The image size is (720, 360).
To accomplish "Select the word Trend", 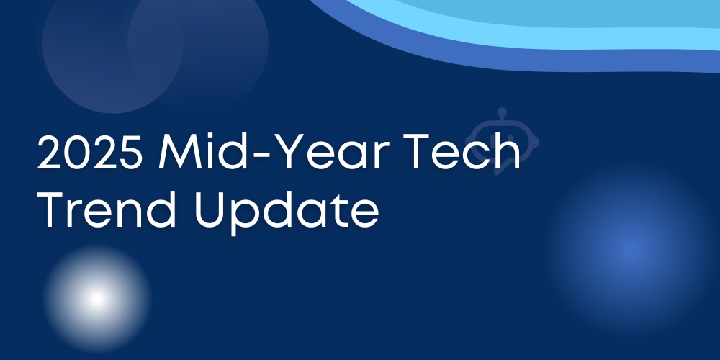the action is point(107,210).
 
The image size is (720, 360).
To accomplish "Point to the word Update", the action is point(287,213).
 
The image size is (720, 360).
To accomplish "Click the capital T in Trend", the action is point(50,210).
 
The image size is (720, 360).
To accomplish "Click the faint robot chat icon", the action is point(502,141).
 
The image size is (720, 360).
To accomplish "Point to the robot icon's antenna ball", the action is point(502,112).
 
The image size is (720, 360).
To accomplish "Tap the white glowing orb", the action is point(97,299).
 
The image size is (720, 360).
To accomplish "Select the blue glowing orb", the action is point(630,251).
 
